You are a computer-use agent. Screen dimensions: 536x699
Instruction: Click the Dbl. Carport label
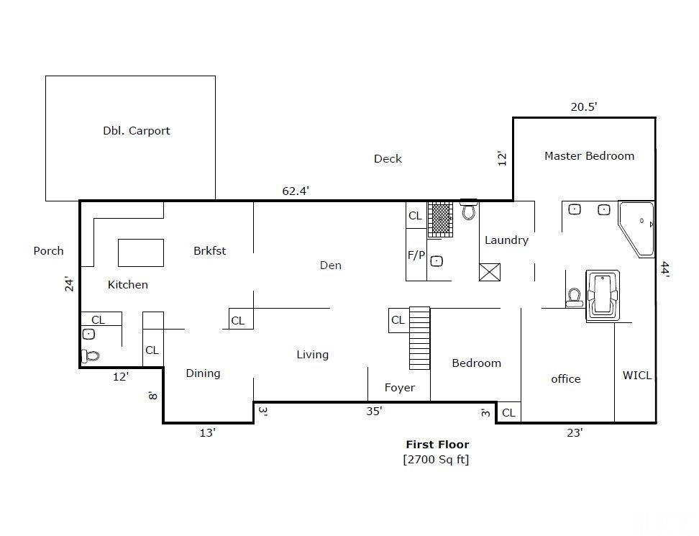[x=136, y=131]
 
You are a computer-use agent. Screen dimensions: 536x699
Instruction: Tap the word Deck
[x=388, y=159]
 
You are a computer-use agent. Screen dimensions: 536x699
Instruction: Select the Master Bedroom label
[x=589, y=155]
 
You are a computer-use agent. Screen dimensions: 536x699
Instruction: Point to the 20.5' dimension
[x=584, y=106]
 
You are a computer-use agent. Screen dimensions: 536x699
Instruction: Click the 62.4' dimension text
[x=296, y=191]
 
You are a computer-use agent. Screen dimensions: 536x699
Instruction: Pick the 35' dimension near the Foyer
[x=375, y=411]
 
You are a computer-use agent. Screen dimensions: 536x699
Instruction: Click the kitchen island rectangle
[x=141, y=253]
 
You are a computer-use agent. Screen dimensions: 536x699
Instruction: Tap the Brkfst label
[x=209, y=250]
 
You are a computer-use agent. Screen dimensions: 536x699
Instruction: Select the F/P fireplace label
[x=416, y=255]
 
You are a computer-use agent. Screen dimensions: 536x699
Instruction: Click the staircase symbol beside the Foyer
[x=419, y=337]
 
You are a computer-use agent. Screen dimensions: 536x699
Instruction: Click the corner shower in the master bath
[x=637, y=228]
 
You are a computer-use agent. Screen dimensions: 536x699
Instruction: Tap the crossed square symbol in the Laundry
[x=489, y=271]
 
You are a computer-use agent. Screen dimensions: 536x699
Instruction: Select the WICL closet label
[x=636, y=375]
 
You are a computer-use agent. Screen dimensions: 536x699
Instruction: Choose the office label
[x=565, y=379]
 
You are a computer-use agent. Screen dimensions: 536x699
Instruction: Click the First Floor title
[x=437, y=445]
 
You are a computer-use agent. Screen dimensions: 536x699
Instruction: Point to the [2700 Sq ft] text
[x=436, y=459]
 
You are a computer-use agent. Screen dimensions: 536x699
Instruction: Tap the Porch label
[x=48, y=251]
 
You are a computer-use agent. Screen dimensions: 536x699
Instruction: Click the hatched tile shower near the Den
[x=440, y=219]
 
